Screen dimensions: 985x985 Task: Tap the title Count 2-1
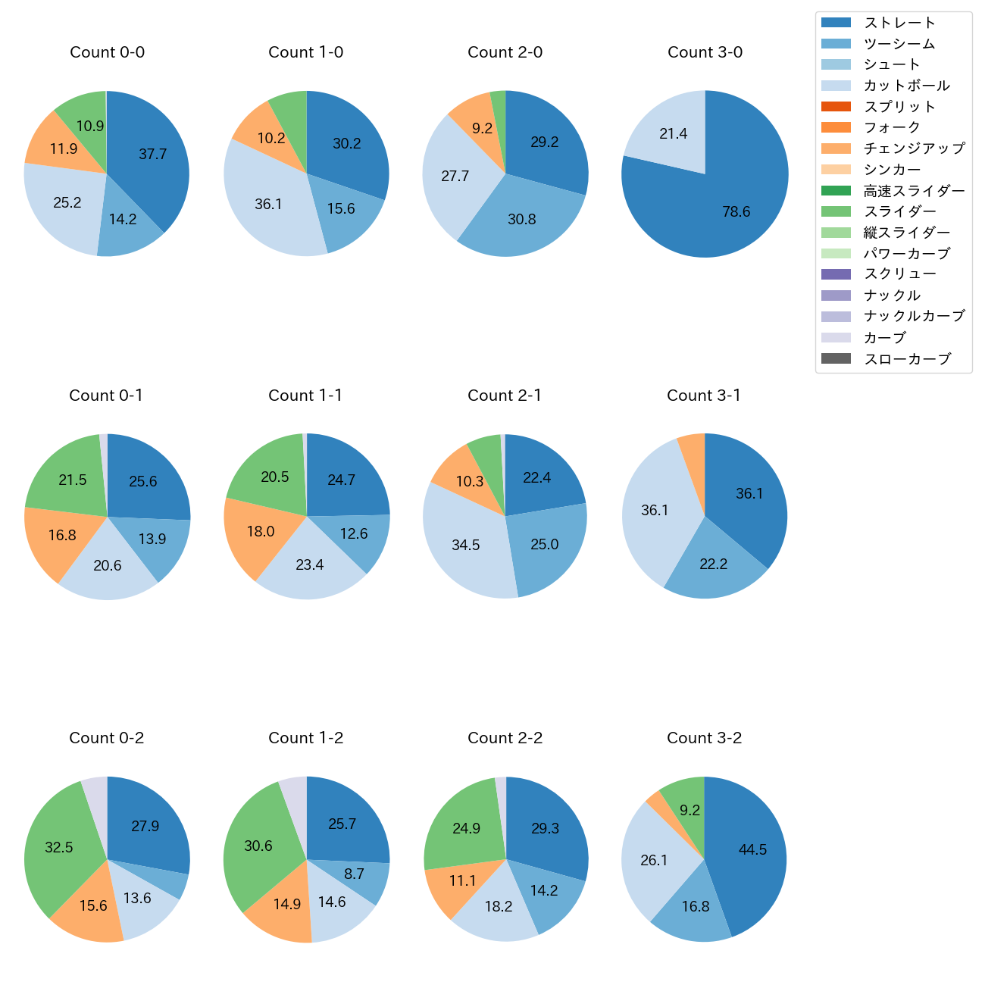505,396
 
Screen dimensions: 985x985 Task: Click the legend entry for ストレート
899,23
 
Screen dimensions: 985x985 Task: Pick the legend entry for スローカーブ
907,359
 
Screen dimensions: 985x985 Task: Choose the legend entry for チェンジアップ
914,149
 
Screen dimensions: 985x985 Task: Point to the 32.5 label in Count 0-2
59,847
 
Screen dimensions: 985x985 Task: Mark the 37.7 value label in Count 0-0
153,155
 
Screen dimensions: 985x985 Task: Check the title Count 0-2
107,738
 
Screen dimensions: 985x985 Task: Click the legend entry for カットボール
906,86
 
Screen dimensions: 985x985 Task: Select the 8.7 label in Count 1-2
354,874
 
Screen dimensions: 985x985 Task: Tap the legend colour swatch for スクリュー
836,274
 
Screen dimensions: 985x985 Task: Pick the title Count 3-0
705,52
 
